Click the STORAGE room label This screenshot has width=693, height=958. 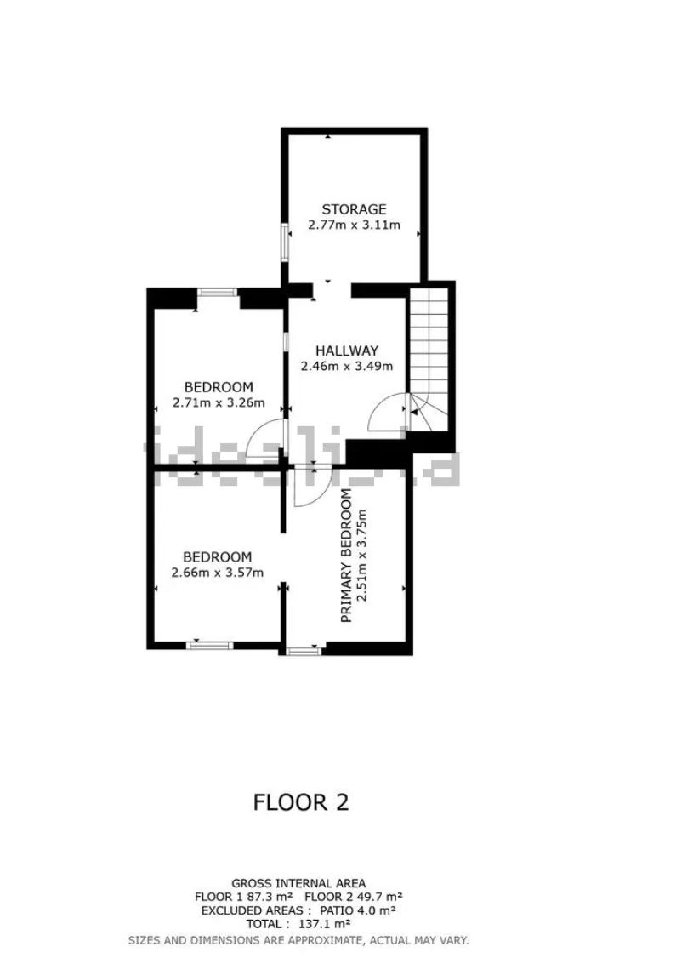354,209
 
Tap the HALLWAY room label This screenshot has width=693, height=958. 347,351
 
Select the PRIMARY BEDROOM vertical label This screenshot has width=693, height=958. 346,556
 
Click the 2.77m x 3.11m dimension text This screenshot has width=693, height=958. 354,225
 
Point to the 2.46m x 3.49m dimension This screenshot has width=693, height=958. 347,367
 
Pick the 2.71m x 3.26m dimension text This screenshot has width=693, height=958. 219,402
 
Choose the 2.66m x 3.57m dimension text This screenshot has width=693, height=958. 218,573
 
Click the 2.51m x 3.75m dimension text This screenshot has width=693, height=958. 363,556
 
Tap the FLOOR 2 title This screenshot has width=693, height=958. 301,802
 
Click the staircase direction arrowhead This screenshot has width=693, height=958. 415,413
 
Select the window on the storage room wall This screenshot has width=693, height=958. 285,242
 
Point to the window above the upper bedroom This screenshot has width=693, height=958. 218,292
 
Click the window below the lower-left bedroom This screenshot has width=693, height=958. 210,645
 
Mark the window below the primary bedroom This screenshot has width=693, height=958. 304,652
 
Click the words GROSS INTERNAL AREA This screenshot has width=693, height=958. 298,883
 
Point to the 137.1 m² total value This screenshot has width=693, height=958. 324,925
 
